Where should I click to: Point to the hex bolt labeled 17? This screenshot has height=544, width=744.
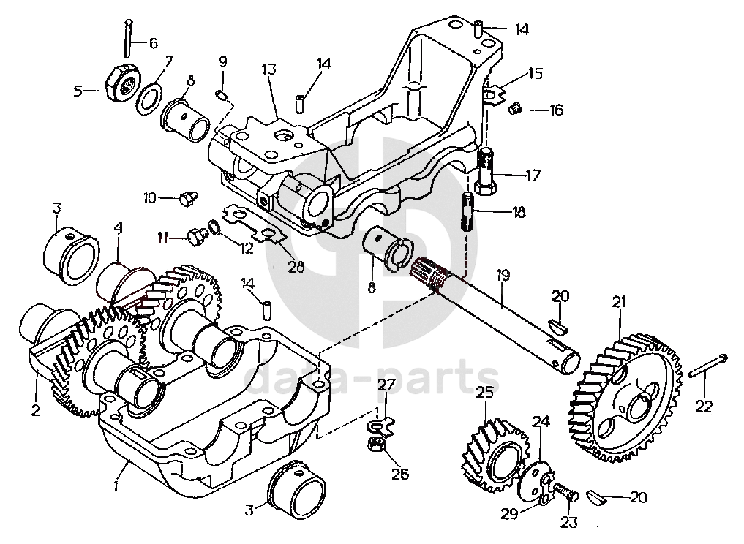click(485, 171)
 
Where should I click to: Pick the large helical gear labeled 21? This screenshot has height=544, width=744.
click(623, 398)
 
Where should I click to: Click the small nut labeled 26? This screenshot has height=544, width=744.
click(375, 445)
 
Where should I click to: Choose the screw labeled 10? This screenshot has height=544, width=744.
click(188, 197)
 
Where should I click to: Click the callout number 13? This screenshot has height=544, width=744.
click(268, 69)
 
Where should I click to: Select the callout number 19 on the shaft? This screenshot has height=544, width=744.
click(503, 275)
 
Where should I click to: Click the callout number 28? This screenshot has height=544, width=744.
click(296, 267)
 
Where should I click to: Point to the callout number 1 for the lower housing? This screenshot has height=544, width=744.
click(116, 487)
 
